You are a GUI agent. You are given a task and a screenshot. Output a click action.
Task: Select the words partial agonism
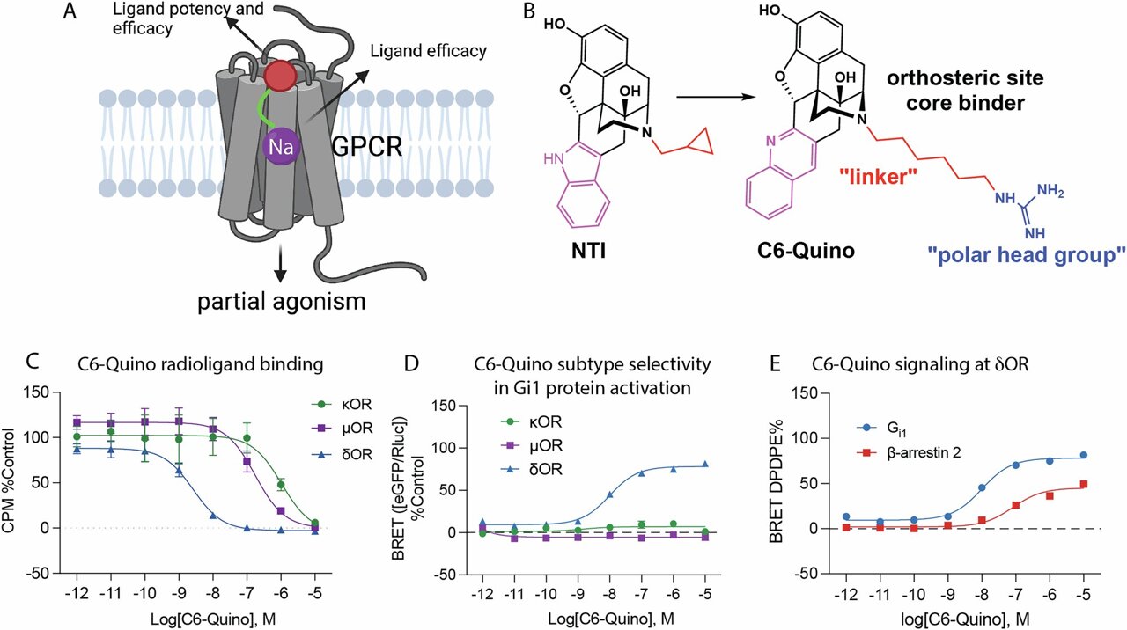pyautogui.click(x=280, y=303)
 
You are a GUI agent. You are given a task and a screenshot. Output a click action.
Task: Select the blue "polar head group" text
pyautogui.click(x=1026, y=257)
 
